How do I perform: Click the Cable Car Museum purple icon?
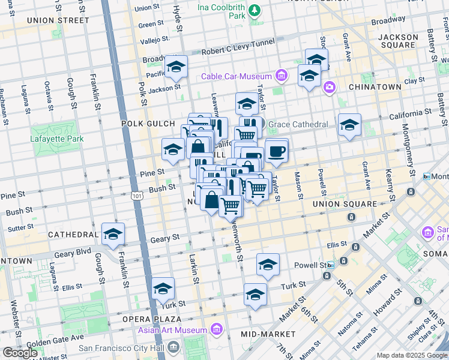point(280,76)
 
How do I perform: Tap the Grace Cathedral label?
point(298,124)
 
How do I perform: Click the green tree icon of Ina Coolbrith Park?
point(255,10)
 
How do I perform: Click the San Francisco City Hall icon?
point(173,347)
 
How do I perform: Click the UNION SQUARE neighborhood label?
point(343,204)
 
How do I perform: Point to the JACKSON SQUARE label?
point(398,41)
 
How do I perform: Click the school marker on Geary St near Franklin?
point(112,235)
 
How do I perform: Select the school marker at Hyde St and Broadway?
point(176,67)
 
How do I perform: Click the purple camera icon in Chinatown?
point(329,88)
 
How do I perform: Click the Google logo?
point(20,353)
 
